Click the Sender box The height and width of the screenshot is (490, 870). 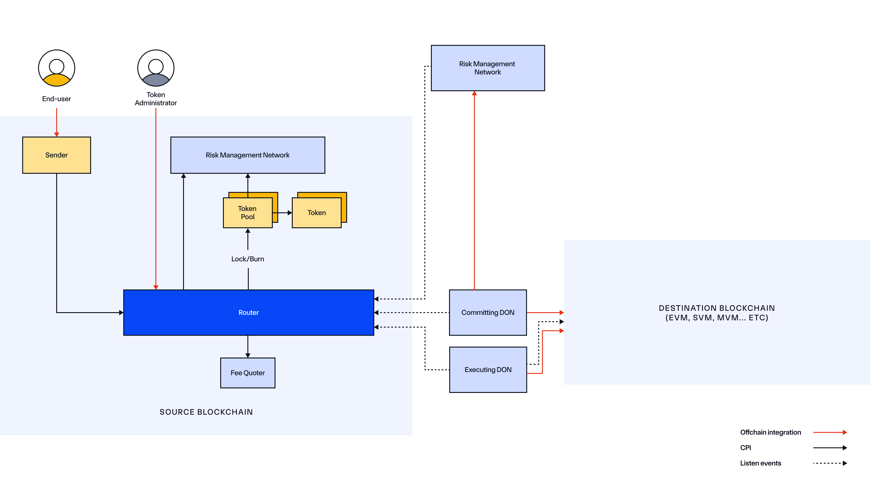[56, 155]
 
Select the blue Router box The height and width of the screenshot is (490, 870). [248, 312]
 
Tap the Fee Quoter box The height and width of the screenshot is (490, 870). [248, 373]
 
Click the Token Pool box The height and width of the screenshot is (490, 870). [248, 213]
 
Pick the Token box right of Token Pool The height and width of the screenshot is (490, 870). [317, 213]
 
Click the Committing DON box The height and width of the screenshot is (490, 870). [488, 312]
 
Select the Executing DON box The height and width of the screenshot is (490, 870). [488, 370]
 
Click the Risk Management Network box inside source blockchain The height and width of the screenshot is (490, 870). [248, 155]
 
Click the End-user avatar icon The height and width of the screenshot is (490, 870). [56, 68]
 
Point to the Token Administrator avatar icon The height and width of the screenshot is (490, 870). [156, 68]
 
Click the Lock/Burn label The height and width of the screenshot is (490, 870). [248, 259]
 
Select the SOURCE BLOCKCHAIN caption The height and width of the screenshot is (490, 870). [206, 412]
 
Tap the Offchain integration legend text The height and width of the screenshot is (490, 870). [770, 432]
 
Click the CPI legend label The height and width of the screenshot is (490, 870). [745, 448]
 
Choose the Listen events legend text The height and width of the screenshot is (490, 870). [761, 463]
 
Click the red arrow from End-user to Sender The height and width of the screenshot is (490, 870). [56, 122]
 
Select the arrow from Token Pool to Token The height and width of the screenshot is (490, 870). [282, 213]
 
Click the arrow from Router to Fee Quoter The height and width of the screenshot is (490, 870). [248, 346]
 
